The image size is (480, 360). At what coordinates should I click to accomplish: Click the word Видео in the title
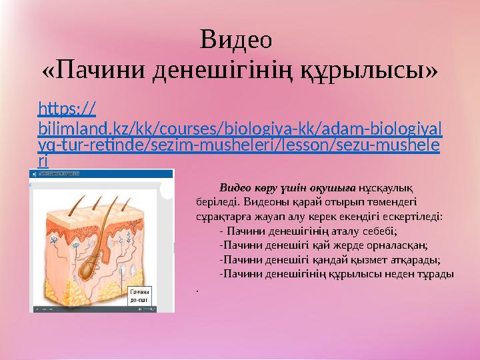pyautogui.click(x=236, y=40)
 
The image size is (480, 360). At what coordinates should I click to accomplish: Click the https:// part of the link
pyautogui.click(x=67, y=107)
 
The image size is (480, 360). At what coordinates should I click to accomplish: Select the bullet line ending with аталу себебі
pyautogui.click(x=308, y=231)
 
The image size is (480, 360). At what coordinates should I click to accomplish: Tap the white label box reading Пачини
pyautogui.click(x=139, y=296)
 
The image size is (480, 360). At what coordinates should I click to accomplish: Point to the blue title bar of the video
pyautogui.click(x=100, y=173)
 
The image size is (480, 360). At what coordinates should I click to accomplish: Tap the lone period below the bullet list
pyautogui.click(x=198, y=289)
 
